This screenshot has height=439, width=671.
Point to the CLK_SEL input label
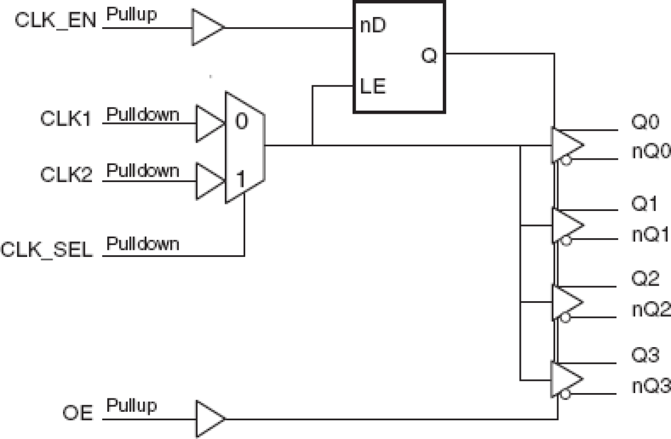(x=47, y=249)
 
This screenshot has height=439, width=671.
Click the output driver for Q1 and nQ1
(x=566, y=224)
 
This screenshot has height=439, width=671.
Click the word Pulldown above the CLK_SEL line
(x=143, y=244)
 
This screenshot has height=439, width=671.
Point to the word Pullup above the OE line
(x=131, y=405)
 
